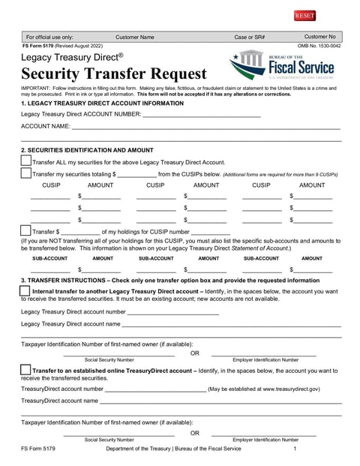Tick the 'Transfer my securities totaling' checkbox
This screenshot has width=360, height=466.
pyautogui.click(x=26, y=173)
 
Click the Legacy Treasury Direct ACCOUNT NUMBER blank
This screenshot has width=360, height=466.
pyautogui.click(x=201, y=114)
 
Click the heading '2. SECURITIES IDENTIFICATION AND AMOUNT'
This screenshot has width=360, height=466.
pyautogui.click(x=87, y=150)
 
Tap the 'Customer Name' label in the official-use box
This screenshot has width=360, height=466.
pyautogui.click(x=135, y=36)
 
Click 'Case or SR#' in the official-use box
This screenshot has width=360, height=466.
pyautogui.click(x=250, y=36)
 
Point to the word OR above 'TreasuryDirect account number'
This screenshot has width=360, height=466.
pyautogui.click(x=195, y=352)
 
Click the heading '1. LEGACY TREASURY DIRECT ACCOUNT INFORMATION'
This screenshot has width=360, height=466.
pyautogui.click(x=102, y=103)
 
